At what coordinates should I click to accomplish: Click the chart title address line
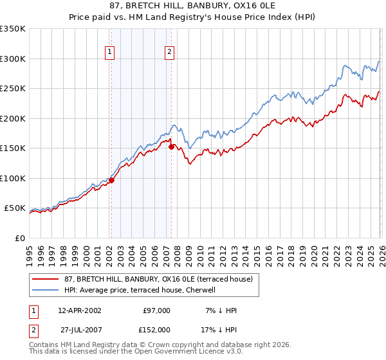click(x=193, y=5)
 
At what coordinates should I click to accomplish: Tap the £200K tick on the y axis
click(x=13, y=118)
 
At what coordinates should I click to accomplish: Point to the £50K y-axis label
click(x=15, y=208)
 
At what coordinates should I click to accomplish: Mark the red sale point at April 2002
click(x=111, y=180)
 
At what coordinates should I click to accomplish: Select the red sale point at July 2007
click(x=171, y=147)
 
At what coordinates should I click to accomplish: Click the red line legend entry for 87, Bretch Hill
click(x=145, y=279)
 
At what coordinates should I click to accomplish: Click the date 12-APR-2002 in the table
click(x=79, y=310)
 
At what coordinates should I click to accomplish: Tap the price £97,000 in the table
click(x=156, y=310)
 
